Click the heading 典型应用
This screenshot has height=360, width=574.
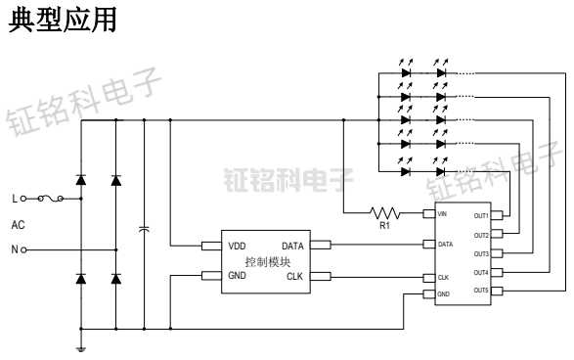point(64,22)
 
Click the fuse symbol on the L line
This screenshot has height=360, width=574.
point(50,199)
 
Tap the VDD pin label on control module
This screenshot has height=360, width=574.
point(239,245)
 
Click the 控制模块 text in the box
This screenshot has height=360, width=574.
point(265,261)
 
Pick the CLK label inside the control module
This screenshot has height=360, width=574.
point(294,277)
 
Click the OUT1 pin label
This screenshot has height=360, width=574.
point(481,215)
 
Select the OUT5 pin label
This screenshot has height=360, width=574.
point(481,291)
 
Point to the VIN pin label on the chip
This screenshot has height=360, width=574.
point(442,214)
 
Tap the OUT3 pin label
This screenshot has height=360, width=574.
point(481,253)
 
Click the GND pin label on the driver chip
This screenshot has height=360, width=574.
point(443,294)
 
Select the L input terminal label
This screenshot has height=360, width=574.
point(14,199)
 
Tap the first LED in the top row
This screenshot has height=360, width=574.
point(405,71)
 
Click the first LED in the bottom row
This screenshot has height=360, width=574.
point(405,171)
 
